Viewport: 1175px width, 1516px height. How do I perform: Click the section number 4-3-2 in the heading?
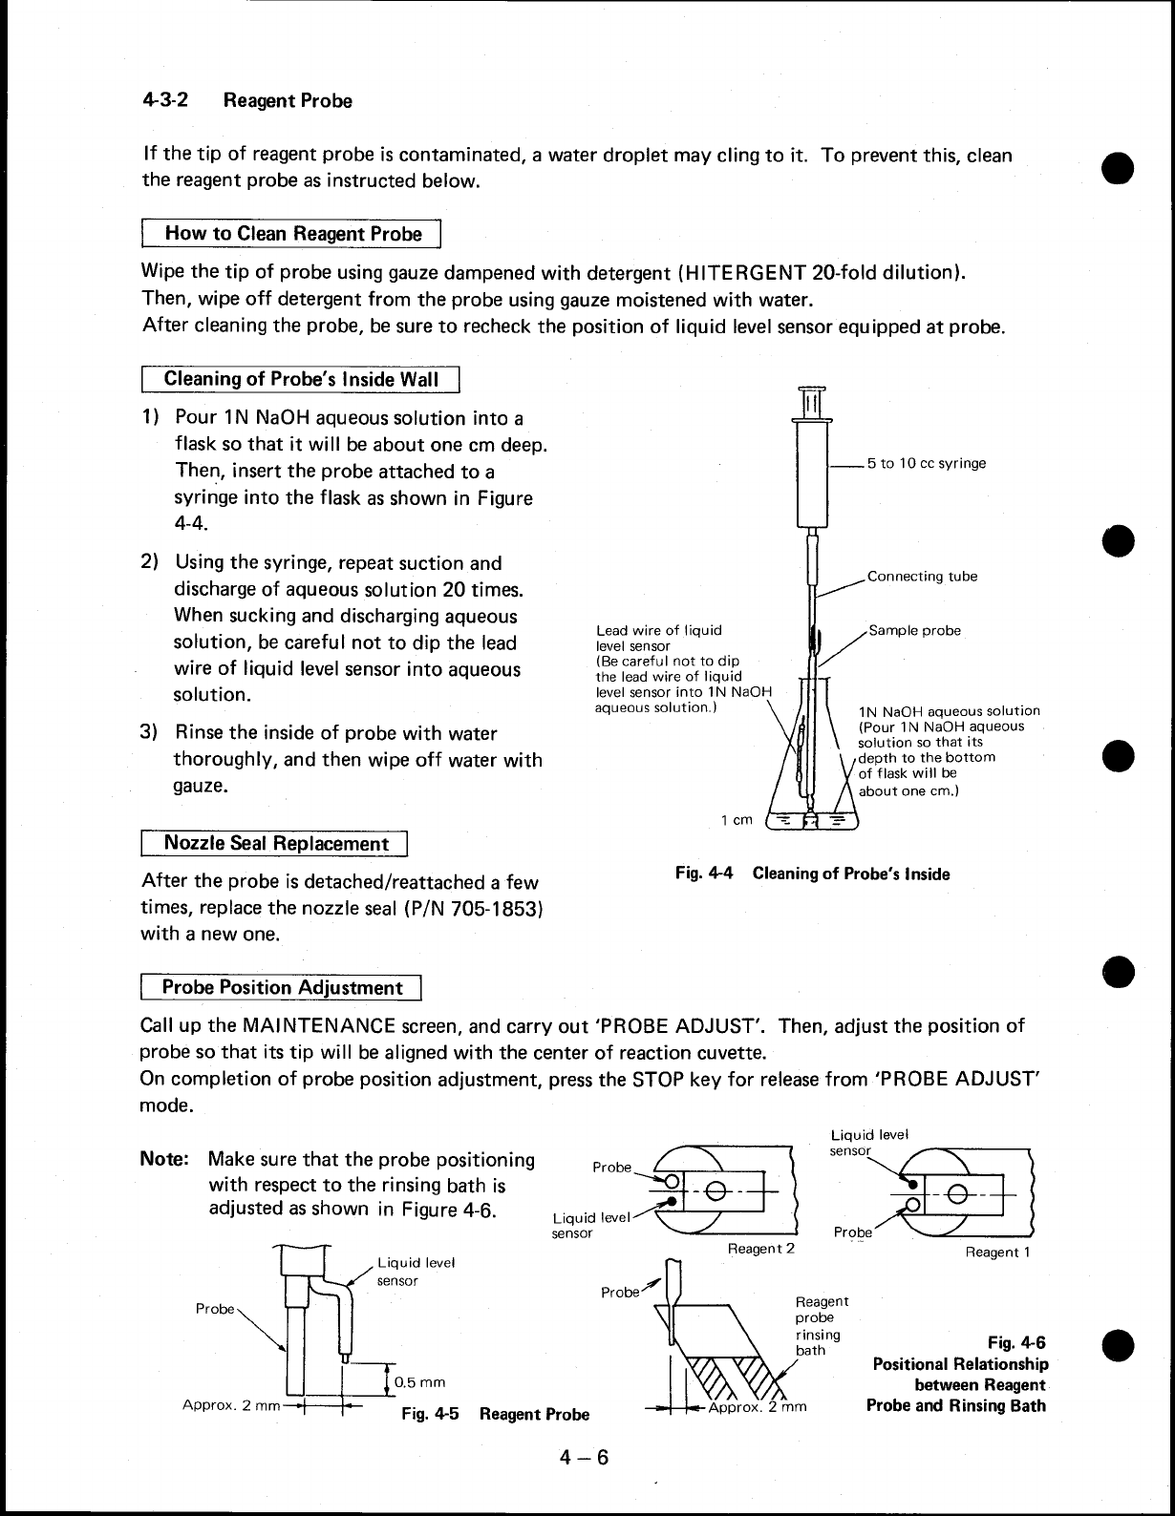pyautogui.click(x=164, y=100)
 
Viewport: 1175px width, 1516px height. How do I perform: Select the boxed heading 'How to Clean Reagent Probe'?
pyautogui.click(x=293, y=234)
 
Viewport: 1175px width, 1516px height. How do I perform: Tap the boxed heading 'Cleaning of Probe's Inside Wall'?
pyautogui.click(x=301, y=379)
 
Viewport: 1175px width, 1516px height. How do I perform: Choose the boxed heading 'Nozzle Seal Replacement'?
pyautogui.click(x=276, y=844)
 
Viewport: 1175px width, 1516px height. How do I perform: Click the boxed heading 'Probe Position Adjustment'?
pyautogui.click(x=282, y=987)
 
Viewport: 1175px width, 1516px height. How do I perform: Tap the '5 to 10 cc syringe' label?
pyautogui.click(x=926, y=464)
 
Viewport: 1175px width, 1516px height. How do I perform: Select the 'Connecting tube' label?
pyautogui.click(x=922, y=577)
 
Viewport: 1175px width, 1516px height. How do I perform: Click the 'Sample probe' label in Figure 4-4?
pyautogui.click(x=914, y=631)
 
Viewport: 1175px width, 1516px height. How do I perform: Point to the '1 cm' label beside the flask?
pyautogui.click(x=737, y=820)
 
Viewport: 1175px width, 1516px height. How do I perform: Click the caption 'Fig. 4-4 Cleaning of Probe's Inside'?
pyautogui.click(x=812, y=874)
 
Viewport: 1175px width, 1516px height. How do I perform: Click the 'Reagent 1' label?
pyautogui.click(x=997, y=1252)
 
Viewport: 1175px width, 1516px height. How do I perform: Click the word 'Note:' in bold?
pyautogui.click(x=165, y=1160)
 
